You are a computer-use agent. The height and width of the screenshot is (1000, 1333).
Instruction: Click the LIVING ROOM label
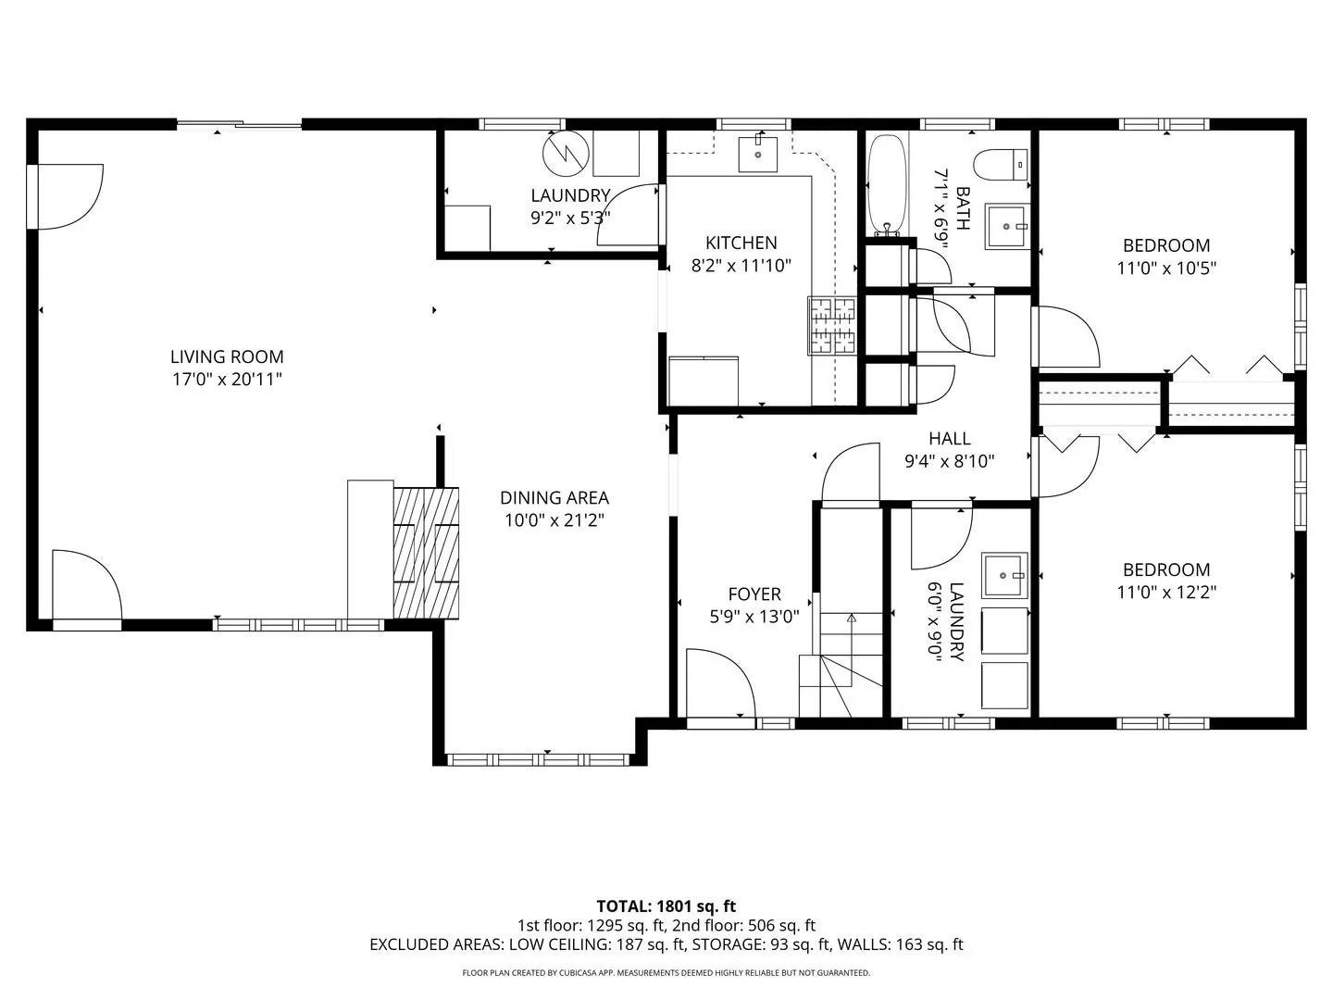point(227,356)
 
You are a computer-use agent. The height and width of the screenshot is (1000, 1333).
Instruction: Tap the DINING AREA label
point(554,498)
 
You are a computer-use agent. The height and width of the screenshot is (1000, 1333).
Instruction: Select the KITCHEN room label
point(741,243)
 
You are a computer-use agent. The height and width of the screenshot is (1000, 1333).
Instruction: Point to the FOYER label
point(754,594)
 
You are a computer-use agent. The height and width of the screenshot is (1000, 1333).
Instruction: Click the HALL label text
point(949,438)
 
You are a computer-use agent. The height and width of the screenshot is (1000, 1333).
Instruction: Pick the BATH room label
point(963,208)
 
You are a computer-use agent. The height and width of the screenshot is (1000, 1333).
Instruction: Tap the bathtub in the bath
point(887,185)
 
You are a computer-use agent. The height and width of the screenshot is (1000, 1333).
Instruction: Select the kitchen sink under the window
point(757,155)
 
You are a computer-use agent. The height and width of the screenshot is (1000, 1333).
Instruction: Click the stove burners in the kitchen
point(831,325)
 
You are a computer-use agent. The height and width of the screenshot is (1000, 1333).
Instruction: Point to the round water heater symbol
point(566,153)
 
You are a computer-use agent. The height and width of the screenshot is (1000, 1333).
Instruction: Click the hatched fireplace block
point(426,553)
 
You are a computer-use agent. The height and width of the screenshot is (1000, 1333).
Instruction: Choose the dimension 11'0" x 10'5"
point(1166,269)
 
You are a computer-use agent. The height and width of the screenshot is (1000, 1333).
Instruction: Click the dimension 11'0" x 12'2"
point(1166,592)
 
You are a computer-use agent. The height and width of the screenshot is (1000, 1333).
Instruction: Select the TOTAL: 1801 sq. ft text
point(666,906)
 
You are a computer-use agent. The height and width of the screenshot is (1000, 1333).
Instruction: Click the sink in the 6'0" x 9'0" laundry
point(1004,575)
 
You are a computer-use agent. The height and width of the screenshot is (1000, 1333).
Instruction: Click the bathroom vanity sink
point(1007,227)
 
